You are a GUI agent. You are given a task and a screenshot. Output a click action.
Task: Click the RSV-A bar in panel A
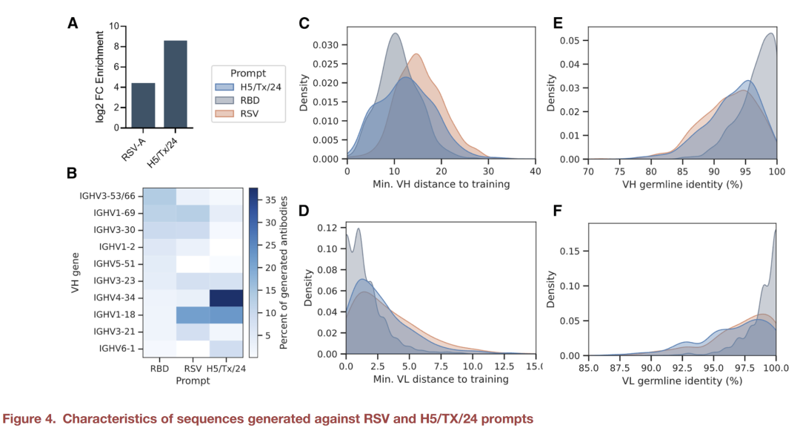[143, 105]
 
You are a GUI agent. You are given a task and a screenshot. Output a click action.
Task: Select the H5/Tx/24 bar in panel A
[176, 84]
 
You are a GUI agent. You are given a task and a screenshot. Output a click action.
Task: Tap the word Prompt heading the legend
[248, 73]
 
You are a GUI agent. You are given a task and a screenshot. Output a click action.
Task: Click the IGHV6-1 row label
[117, 348]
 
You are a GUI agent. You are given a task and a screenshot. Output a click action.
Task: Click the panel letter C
[304, 24]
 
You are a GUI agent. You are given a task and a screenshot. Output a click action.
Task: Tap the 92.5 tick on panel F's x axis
[682, 366]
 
